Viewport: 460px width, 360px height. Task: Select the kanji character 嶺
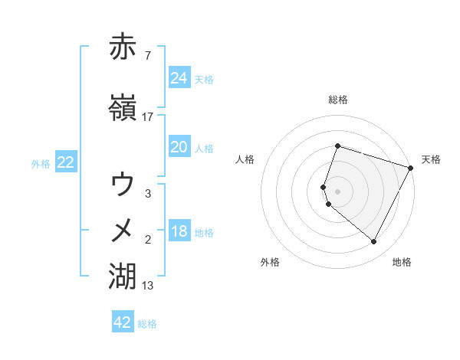click(123, 109)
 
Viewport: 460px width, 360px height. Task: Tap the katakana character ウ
click(123, 184)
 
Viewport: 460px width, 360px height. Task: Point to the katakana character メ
click(123, 229)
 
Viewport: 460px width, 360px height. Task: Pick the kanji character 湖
click(123, 274)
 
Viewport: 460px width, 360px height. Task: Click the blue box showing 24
click(179, 77)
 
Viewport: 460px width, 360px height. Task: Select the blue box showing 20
click(179, 147)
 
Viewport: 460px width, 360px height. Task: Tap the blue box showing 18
click(179, 231)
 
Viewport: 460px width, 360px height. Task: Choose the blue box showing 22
click(66, 162)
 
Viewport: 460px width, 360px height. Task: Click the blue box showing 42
click(123, 322)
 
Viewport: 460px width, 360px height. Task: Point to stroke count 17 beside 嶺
click(148, 117)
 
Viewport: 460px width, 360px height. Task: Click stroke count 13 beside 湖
click(148, 286)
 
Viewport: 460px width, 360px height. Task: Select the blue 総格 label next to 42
click(147, 324)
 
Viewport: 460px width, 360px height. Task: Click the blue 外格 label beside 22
click(41, 163)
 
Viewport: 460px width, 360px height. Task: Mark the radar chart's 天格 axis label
click(431, 159)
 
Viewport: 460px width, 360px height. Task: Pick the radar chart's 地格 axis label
click(402, 262)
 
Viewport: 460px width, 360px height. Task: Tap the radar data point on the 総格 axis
click(337, 146)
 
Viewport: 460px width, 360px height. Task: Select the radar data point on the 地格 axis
click(373, 242)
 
